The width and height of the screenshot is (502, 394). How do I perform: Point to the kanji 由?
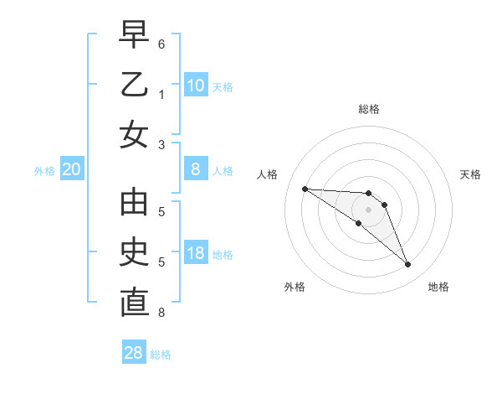point(135,204)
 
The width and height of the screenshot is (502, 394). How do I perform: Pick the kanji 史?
point(135,253)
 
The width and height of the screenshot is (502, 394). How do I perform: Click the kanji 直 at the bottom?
point(135,302)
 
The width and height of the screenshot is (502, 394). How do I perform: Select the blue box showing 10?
point(196,86)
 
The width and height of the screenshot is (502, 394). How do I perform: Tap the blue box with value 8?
point(196,169)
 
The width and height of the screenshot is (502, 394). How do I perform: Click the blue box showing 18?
point(196,254)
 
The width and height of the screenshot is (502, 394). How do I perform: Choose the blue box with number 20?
point(72,169)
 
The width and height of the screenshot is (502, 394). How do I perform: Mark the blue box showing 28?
point(134,353)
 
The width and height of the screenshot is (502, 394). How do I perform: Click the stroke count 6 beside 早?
point(161,43)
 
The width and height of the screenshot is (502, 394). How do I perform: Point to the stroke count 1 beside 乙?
point(161,95)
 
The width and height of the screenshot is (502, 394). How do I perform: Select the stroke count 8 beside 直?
point(161,313)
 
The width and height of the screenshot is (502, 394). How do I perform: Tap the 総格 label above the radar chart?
point(369,109)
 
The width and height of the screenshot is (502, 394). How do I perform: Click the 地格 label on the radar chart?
point(438,288)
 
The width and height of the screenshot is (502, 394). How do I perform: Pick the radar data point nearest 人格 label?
point(305,189)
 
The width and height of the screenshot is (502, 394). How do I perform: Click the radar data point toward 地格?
point(407,265)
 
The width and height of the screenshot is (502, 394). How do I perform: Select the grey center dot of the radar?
point(369,210)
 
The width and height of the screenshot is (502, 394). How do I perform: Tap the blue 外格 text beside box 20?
point(44,171)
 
